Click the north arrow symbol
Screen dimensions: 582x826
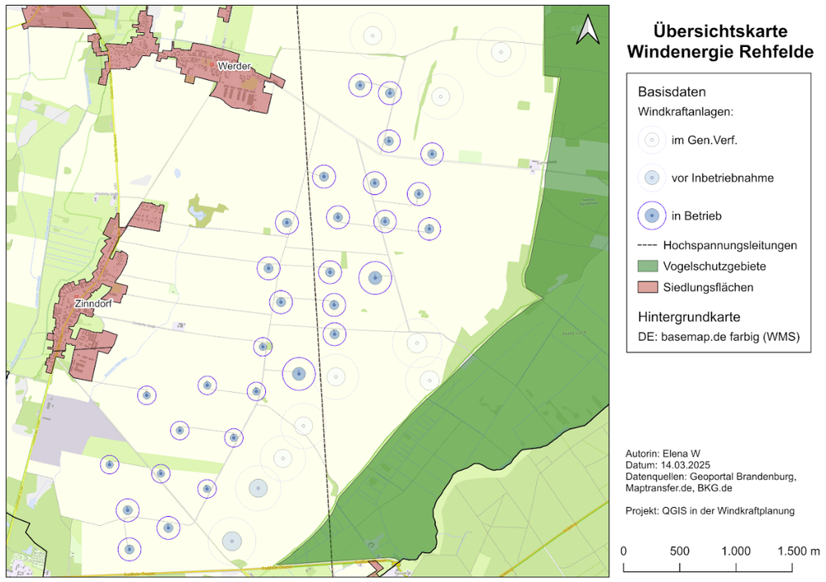587,30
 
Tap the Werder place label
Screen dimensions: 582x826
234,65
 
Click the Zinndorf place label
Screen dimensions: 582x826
93,303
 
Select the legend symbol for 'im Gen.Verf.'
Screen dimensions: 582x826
652,140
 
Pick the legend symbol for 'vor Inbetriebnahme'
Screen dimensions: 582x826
652,177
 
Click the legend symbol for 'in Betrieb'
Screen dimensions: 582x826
652,215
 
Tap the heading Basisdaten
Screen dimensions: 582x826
672,92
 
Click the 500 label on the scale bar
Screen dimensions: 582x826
679,551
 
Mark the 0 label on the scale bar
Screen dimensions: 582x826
623,551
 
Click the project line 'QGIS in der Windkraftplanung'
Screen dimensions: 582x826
710,510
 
